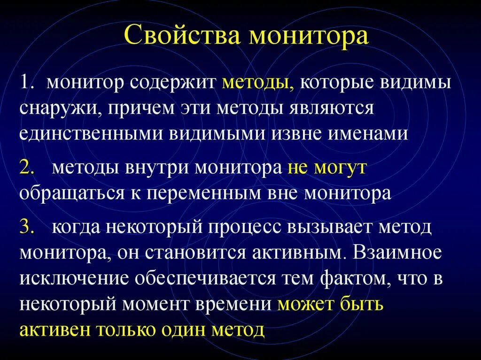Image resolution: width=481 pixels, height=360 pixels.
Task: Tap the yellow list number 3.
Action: click(x=26, y=228)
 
